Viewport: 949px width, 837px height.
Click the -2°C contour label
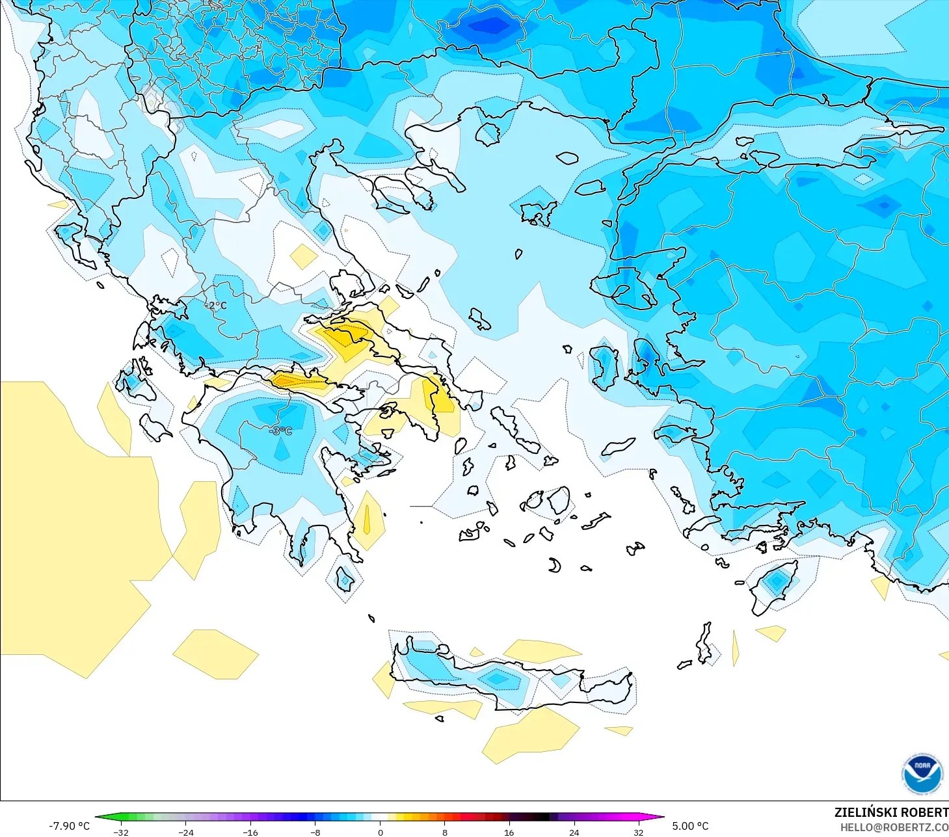(216, 306)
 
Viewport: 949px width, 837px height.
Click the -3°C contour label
(281, 431)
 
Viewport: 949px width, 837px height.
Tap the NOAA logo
(922, 773)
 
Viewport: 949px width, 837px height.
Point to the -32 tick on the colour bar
(121, 832)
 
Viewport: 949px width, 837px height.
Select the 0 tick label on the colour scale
(381, 832)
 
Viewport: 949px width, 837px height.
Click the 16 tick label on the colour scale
(509, 832)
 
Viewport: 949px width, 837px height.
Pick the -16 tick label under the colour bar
(250, 832)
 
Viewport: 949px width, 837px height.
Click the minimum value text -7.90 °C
(69, 826)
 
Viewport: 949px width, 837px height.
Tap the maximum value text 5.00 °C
(690, 826)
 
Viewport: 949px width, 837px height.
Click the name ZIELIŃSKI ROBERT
(891, 812)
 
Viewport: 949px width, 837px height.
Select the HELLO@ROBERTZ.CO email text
(894, 827)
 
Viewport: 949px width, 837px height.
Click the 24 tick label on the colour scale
(574, 832)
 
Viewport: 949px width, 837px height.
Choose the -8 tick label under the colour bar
(315, 832)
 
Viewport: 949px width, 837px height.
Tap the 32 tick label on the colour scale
(638, 832)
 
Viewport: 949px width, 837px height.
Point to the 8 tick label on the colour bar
(445, 832)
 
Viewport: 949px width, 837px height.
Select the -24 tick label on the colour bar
(186, 832)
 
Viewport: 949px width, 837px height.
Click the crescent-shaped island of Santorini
(555, 566)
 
